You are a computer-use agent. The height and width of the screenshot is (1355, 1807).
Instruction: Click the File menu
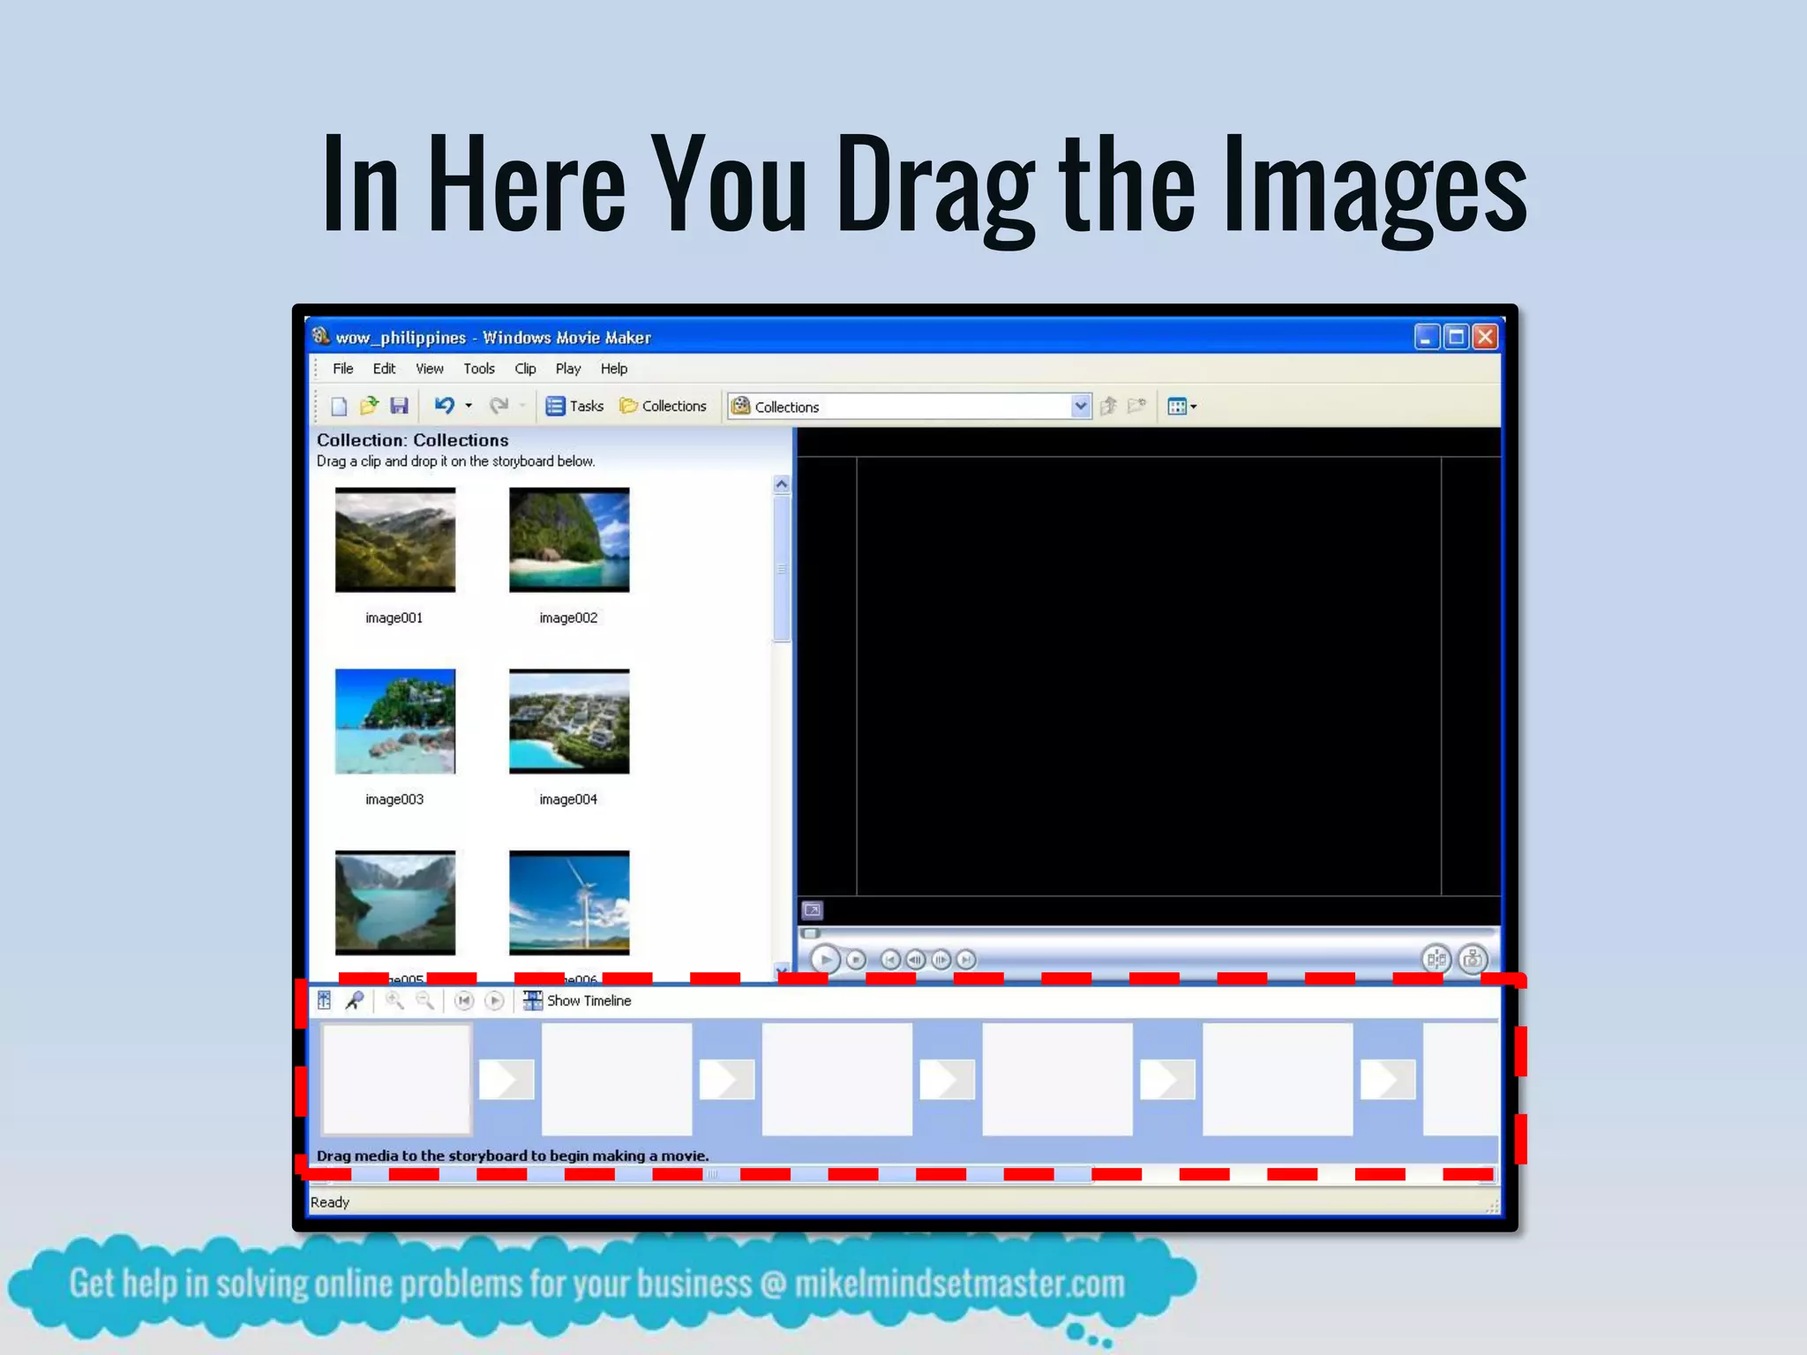coord(342,369)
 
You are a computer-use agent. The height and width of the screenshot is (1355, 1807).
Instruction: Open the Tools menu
coord(479,369)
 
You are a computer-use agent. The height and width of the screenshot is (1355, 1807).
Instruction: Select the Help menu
coord(614,369)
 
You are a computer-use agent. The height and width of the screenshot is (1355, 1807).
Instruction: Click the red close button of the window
coord(1486,337)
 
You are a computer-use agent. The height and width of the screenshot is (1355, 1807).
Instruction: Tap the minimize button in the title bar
coord(1426,337)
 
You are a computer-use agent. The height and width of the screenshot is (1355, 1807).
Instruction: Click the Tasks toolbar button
coord(575,406)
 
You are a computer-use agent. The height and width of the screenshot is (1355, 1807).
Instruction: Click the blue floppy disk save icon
coord(400,406)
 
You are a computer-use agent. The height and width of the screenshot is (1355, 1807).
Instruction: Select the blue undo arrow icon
coord(444,406)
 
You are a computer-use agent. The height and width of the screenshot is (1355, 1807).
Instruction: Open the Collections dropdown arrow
coord(1080,406)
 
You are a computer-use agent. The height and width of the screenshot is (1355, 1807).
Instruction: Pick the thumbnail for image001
coord(395,540)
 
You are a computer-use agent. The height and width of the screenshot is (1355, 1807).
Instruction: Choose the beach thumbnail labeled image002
coord(569,540)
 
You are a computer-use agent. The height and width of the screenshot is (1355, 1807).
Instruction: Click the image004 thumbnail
coord(569,722)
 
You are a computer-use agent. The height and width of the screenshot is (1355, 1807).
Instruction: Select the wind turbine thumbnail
coord(569,902)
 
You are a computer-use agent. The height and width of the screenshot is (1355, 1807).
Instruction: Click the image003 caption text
coord(394,799)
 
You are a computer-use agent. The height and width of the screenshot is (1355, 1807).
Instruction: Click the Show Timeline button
coord(579,1000)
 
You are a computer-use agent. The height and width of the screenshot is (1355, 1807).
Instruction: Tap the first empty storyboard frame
coord(396,1079)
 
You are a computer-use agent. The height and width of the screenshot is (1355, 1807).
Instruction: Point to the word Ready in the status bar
coord(330,1202)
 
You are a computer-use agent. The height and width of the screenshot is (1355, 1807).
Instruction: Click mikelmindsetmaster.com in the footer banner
coord(959,1284)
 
